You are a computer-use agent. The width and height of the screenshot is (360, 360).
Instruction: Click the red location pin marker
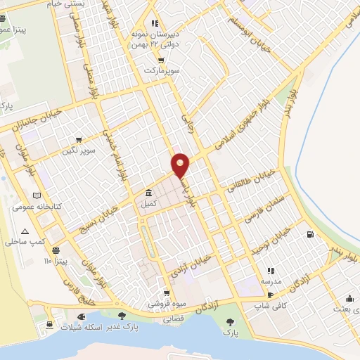coord(181,165)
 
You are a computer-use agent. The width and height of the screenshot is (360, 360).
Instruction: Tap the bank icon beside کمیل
coord(148,193)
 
